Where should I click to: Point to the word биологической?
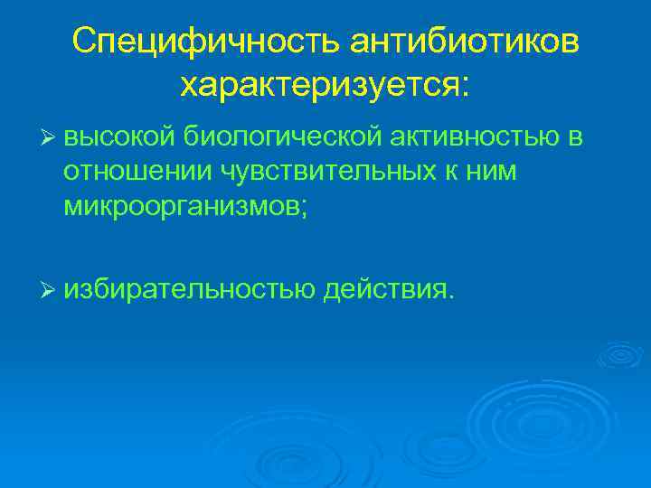pyautogui.click(x=281, y=138)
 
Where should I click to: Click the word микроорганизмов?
pyautogui.click(x=181, y=206)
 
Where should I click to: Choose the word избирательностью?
pyautogui.click(x=189, y=290)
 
